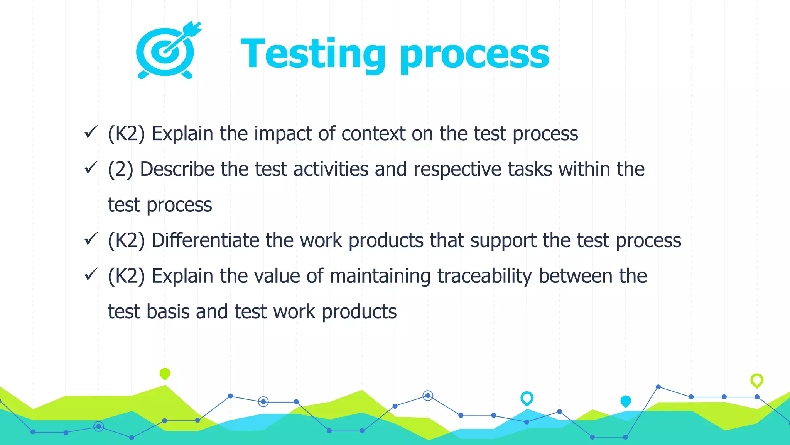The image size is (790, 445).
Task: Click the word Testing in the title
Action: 312,54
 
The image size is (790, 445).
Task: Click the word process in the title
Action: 474,56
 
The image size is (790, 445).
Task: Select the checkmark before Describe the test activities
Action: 91,168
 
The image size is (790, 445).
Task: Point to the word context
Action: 373,134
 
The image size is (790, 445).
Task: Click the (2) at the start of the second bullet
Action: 121,170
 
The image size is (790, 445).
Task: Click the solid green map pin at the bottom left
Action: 165,374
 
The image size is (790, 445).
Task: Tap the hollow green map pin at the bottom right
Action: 757,380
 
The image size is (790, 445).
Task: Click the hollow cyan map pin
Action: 527,398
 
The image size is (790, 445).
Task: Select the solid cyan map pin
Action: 626,401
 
